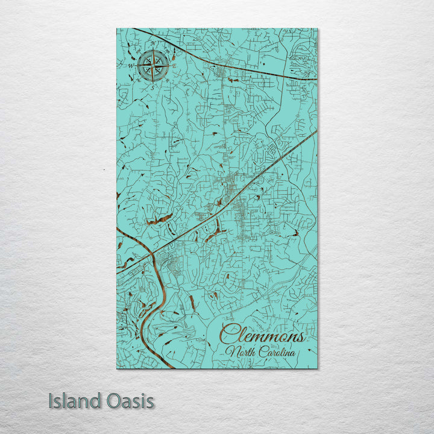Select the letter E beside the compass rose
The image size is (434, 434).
[x=174, y=65]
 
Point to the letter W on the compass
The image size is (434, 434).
[x=130, y=65]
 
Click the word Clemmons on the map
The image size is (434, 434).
[x=262, y=335]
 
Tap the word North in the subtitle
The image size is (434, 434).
[x=239, y=352]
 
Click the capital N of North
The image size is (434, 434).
[x=230, y=352]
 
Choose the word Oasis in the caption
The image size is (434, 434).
[x=129, y=401]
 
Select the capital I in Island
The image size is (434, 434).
[x=51, y=401]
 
